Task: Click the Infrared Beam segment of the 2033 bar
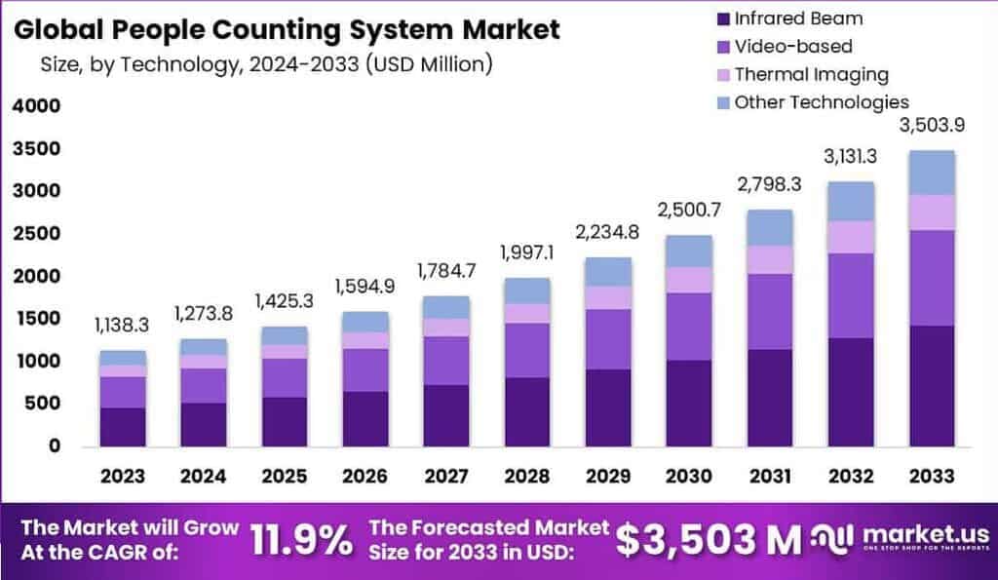pos(932,386)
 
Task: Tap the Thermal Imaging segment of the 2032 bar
pos(851,237)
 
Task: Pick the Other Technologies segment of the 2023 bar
pos(123,358)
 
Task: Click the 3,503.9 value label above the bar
pos(932,128)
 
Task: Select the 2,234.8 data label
pos(610,234)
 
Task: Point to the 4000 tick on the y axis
pos(36,106)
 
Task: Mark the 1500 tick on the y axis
pos(36,319)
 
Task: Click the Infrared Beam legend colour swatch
pos(720,19)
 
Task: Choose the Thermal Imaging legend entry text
pos(811,74)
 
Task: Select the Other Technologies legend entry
pos(821,102)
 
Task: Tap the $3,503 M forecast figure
pos(709,538)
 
